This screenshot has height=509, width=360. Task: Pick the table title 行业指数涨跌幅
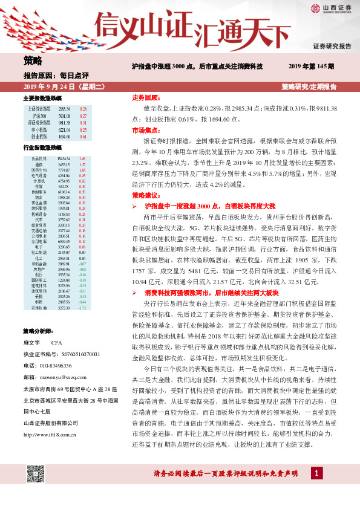coord(42,148)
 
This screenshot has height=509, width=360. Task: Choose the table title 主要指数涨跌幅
coord(42,97)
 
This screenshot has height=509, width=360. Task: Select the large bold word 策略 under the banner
coord(33,60)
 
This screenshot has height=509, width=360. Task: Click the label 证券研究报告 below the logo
coord(332,46)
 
